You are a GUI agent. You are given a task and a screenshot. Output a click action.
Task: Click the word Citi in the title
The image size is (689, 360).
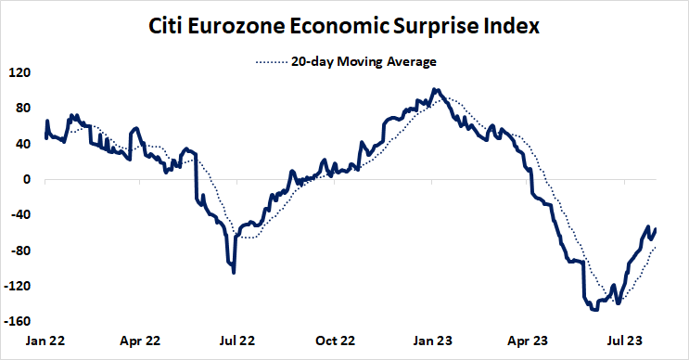coord(170,27)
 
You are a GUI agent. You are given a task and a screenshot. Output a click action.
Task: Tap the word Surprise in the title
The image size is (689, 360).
coord(440,27)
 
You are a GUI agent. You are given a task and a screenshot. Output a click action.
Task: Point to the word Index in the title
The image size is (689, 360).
coord(513,27)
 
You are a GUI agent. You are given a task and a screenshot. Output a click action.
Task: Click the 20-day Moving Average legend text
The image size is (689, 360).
coord(364,61)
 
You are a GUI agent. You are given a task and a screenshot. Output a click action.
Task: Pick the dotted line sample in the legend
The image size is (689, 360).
coord(270,62)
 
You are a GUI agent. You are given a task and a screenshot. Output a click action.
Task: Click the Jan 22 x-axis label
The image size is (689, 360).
coord(45,341)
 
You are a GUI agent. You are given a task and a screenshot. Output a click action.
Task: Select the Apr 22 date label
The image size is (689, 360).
coord(141,341)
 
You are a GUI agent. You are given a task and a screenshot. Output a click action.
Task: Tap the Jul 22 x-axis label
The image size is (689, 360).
coord(237,341)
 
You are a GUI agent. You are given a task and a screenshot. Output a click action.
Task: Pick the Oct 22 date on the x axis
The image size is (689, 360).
coord(335,341)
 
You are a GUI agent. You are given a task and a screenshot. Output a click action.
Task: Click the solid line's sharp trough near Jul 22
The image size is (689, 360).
coord(234,272)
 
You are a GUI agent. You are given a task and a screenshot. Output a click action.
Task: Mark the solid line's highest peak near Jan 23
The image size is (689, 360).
coord(434,90)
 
